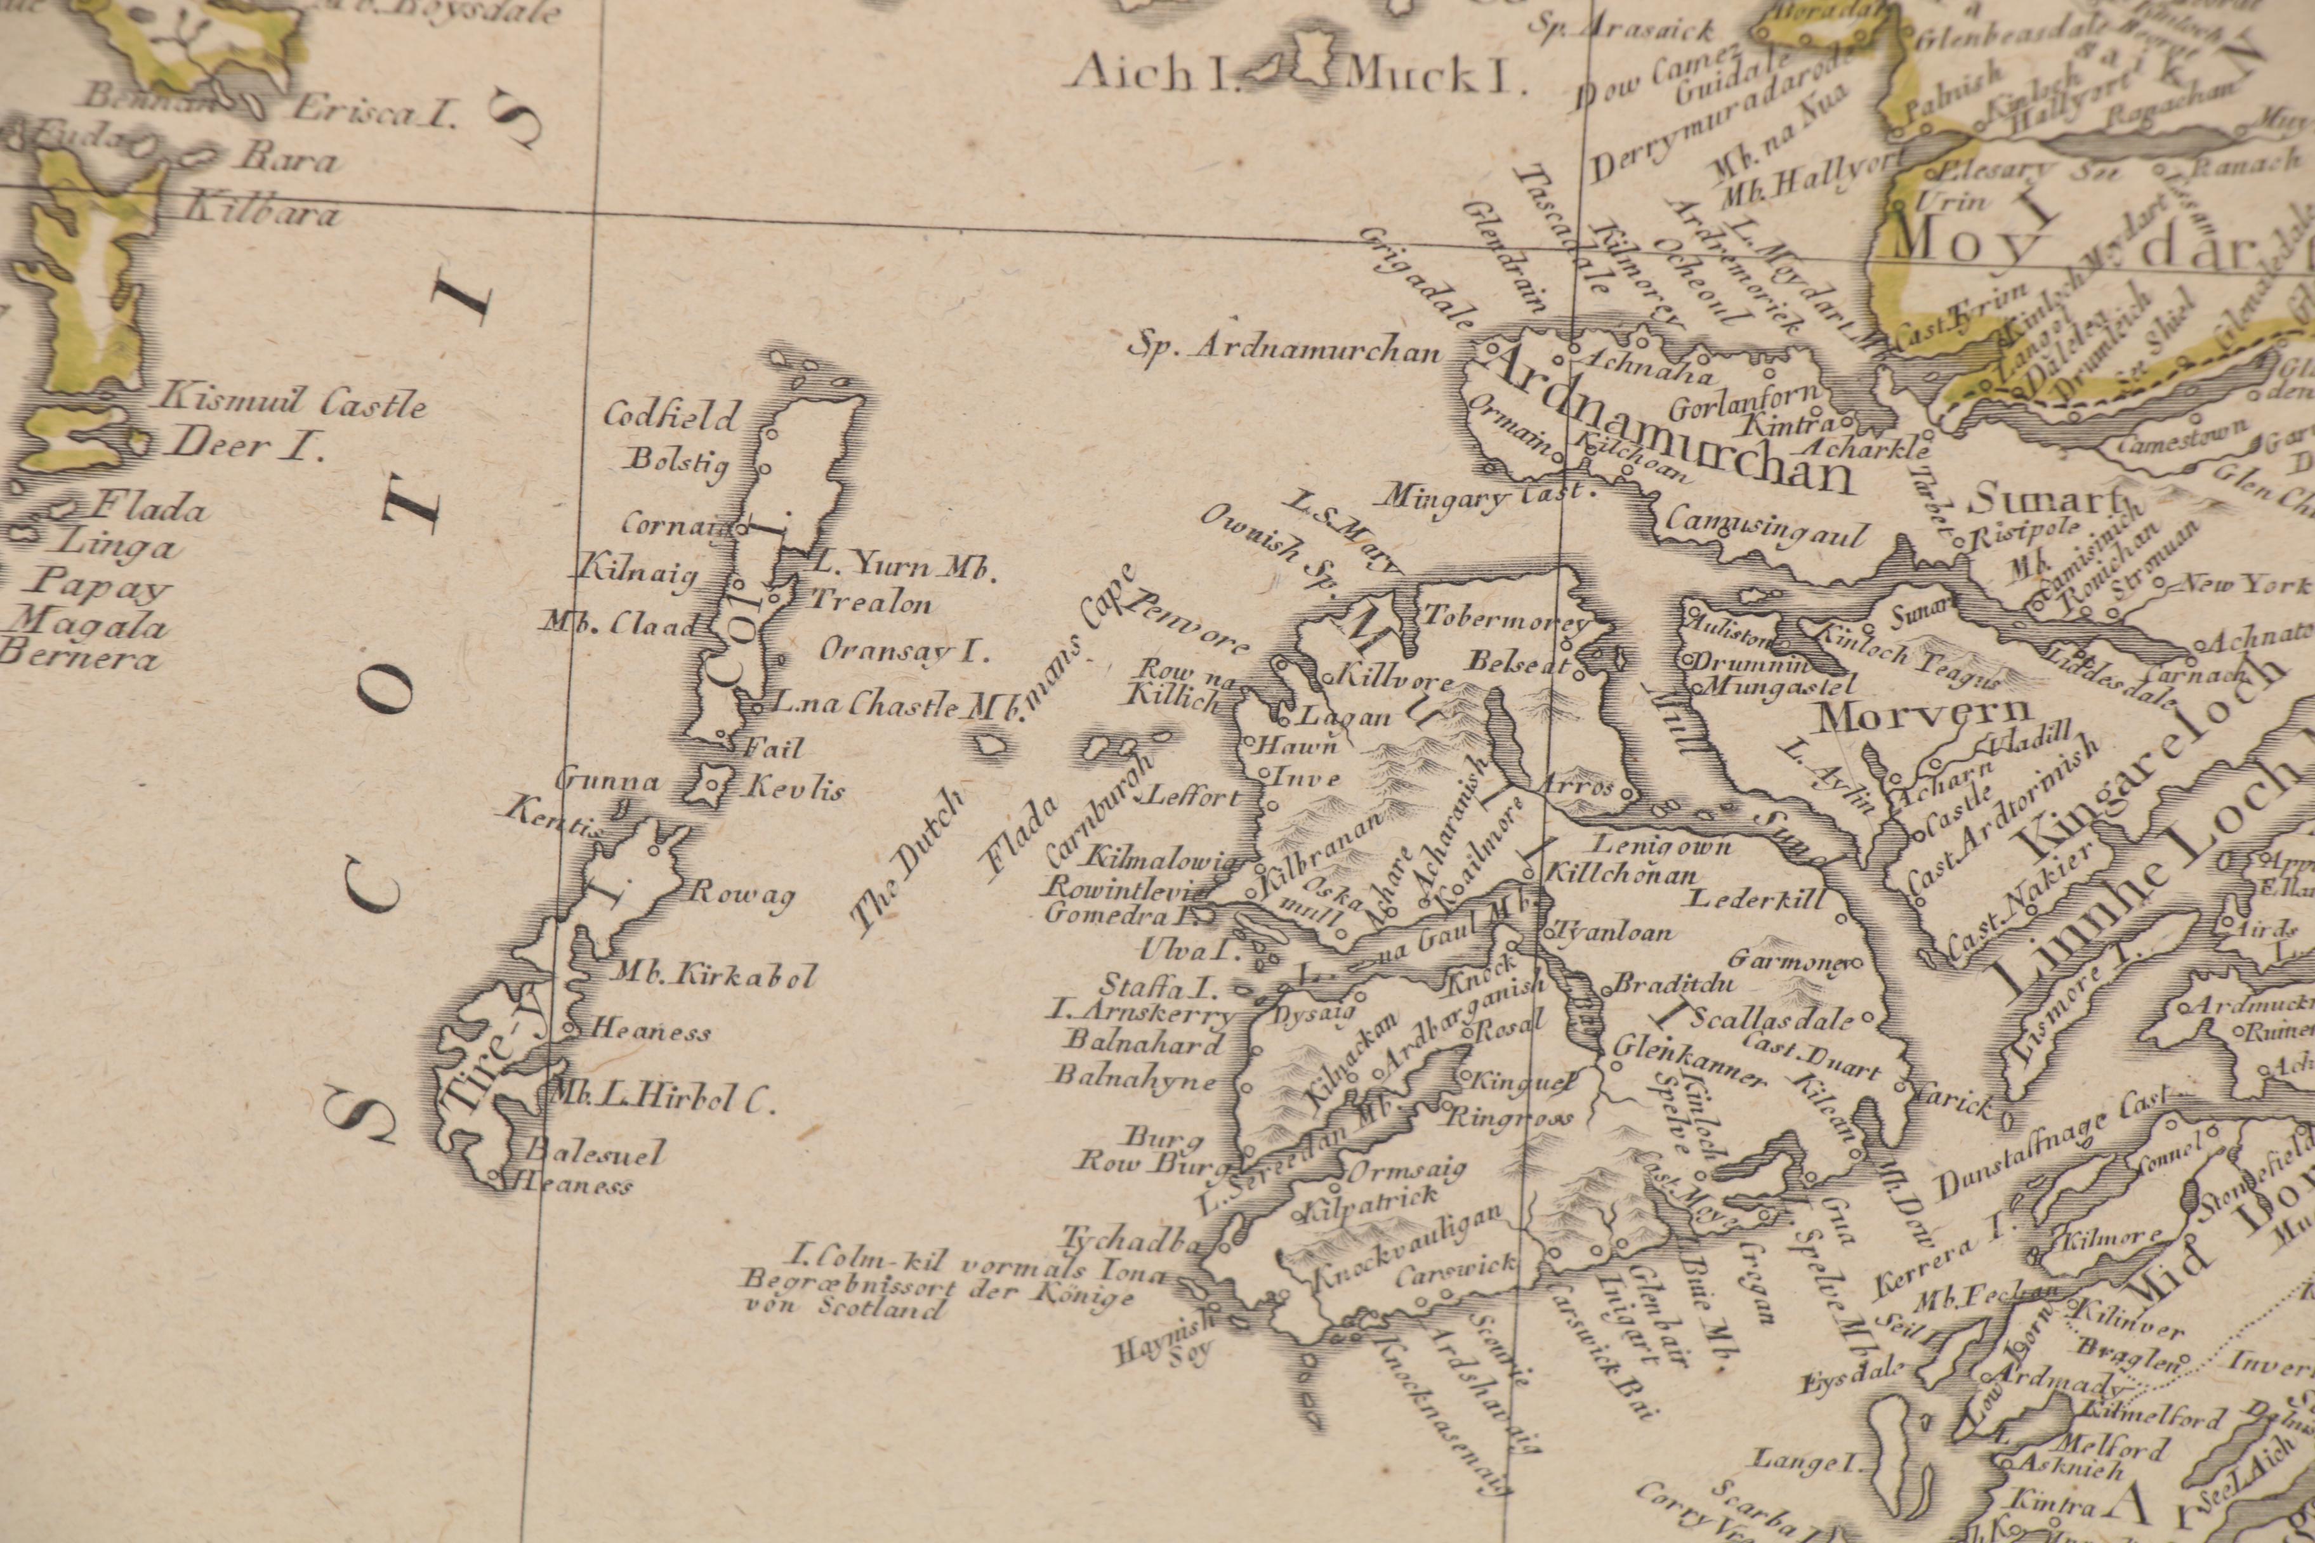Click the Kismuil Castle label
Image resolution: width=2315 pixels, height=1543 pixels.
(x=293, y=402)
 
